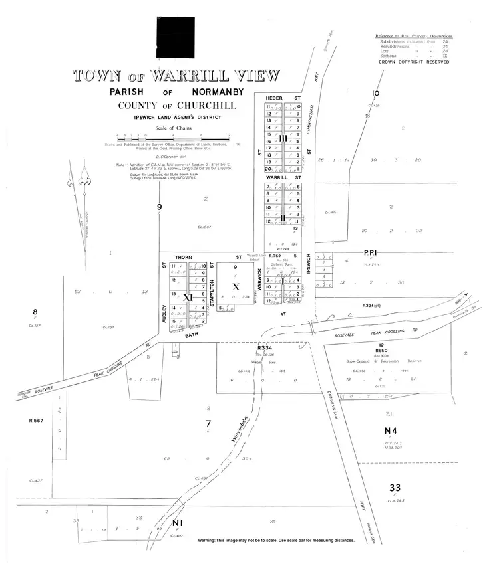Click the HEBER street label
click(x=274, y=98)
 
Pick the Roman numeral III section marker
click(x=283, y=138)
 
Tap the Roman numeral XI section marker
click(x=188, y=298)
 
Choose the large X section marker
click(x=234, y=287)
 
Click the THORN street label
click(x=183, y=257)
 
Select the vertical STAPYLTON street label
click(x=212, y=294)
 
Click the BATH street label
click(x=193, y=337)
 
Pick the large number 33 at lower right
click(x=395, y=488)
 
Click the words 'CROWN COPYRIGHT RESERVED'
click(x=413, y=62)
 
